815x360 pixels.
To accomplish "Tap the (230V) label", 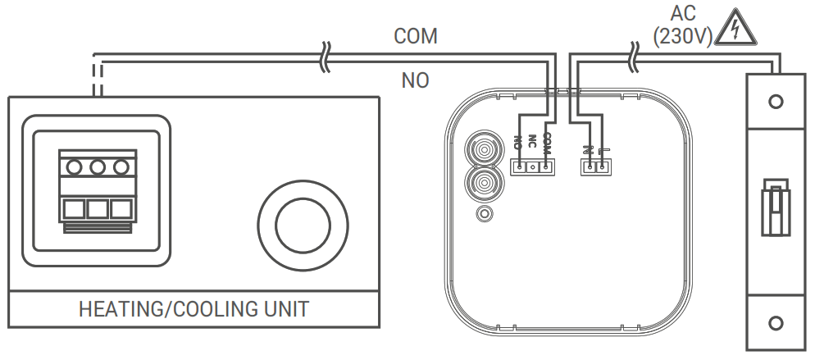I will point(682,36).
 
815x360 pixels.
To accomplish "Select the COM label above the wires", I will point(416,36).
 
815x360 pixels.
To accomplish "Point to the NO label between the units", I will point(416,80).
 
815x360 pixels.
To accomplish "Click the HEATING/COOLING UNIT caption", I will point(194,309).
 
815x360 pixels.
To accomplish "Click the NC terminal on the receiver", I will point(533,167).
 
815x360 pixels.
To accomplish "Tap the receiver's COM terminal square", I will point(545,167).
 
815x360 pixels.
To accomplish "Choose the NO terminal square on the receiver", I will point(520,167).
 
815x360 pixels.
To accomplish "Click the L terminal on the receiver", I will point(603,167).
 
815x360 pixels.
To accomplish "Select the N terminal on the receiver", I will point(590,167).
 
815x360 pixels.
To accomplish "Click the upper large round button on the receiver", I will point(484,152).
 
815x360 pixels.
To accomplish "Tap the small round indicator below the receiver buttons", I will point(485,214).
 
